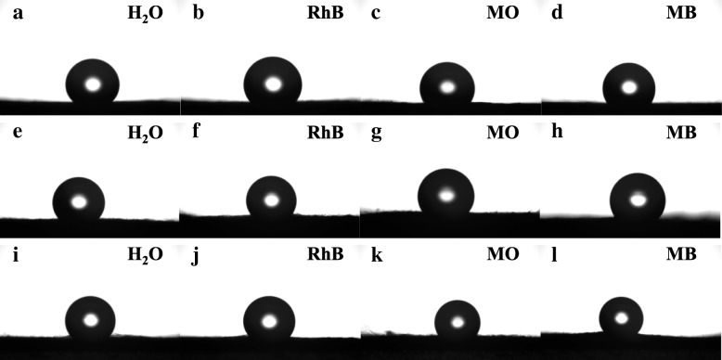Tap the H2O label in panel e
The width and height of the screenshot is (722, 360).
[x=145, y=133]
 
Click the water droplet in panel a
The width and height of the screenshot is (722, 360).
[x=93, y=83]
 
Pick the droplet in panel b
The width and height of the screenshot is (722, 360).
[x=273, y=83]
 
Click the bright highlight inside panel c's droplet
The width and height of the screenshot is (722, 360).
[x=447, y=88]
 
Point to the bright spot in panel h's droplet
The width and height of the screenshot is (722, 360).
[x=638, y=197]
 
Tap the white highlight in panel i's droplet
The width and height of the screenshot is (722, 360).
[x=91, y=320]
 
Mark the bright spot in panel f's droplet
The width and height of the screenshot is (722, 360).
[x=271, y=199]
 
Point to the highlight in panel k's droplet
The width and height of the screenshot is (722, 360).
[x=458, y=322]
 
